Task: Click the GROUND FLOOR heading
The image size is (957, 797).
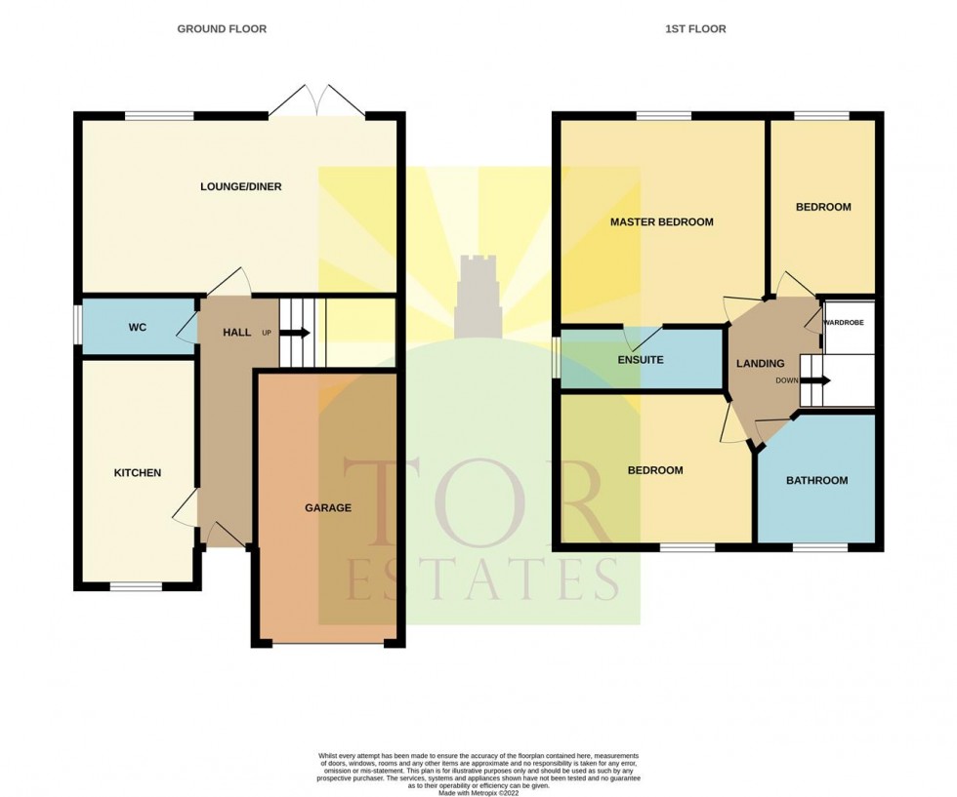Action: point(222,28)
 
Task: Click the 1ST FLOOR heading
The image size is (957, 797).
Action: point(695,28)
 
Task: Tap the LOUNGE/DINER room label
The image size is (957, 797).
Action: point(241,186)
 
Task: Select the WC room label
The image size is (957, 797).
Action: point(138,328)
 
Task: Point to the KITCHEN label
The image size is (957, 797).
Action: point(138,472)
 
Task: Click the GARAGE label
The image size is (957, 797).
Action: point(328,507)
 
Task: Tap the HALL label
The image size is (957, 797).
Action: point(236,333)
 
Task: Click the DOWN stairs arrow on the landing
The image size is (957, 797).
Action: point(815,380)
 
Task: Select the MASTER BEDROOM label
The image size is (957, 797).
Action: point(662,222)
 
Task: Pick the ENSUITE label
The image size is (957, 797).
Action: point(641,360)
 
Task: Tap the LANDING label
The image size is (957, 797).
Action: point(760,364)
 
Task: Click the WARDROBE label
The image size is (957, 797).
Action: point(844,323)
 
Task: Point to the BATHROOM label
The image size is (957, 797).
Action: point(816,481)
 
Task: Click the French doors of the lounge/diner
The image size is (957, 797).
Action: point(316,100)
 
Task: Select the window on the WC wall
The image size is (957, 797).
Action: point(78,328)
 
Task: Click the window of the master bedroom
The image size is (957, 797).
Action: point(664,116)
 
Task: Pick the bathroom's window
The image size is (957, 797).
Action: point(820,547)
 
